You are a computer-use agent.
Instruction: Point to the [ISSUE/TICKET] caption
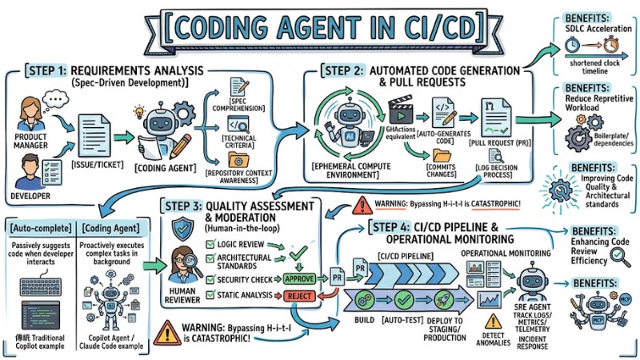coord(97,164)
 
